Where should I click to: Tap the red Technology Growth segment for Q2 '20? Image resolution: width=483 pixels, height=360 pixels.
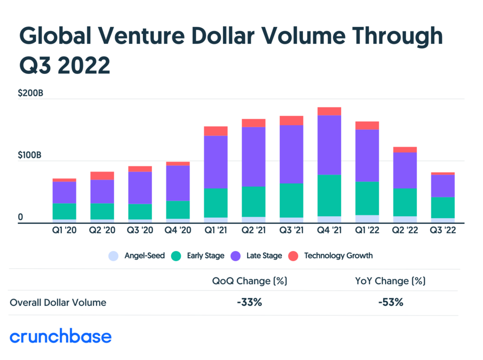pos(103,176)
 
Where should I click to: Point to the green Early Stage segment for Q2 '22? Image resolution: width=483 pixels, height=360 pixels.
pos(405,202)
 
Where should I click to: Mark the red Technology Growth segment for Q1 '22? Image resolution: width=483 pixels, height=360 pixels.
pos(367,125)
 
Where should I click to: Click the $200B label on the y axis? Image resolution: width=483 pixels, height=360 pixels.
pos(31,93)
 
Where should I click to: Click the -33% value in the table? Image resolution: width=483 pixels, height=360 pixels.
pos(249,303)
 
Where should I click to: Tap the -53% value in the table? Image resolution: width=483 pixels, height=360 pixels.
pos(391,303)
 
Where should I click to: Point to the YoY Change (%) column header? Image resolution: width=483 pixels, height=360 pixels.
pos(391,281)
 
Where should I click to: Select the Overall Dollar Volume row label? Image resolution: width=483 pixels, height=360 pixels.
pos(58,303)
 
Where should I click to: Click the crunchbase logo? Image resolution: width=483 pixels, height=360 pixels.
pos(60,336)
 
